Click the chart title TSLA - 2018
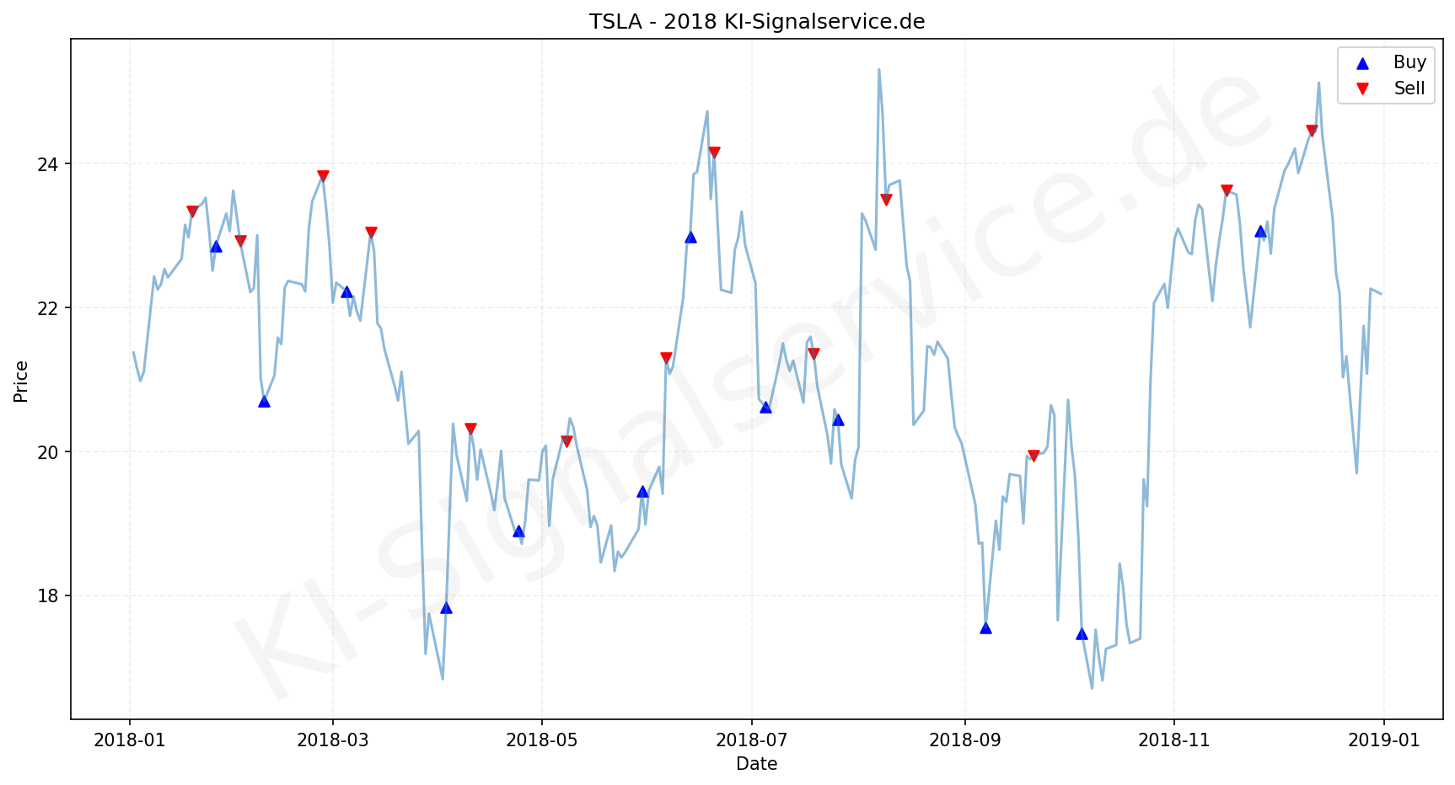(x=756, y=22)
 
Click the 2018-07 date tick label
(x=751, y=740)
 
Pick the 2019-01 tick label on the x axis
(x=1383, y=740)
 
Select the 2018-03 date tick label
(x=332, y=740)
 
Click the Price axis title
(x=21, y=382)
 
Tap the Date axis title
(x=756, y=764)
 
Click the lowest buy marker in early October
(x=1082, y=633)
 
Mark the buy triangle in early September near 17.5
(x=985, y=627)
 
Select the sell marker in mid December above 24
(x=1312, y=131)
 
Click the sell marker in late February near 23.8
(x=323, y=176)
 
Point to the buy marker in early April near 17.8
(x=446, y=607)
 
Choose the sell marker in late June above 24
(x=714, y=152)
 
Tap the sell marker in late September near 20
(x=1034, y=456)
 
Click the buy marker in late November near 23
(x=1260, y=231)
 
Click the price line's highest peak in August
(x=878, y=70)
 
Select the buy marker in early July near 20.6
(x=765, y=407)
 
